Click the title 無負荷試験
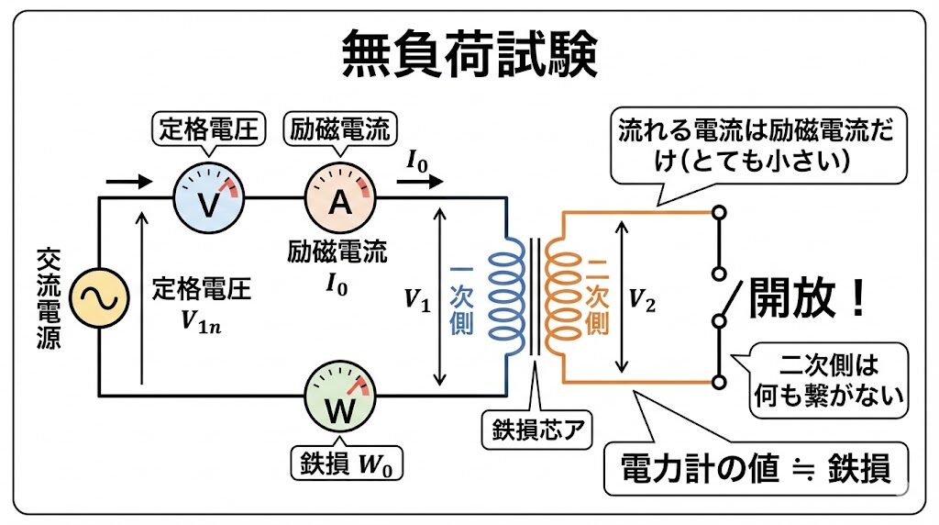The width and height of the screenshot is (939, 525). (469, 53)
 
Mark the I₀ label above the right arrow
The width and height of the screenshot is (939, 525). (418, 161)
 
